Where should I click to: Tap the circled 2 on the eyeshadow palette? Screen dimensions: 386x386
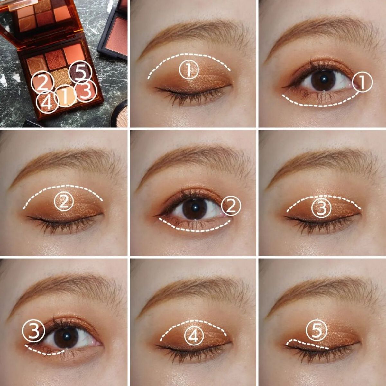click(42, 82)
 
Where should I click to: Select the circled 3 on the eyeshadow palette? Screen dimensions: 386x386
click(86, 91)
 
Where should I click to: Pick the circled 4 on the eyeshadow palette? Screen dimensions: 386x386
click(48, 102)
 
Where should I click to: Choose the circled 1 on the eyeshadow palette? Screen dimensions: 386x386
click(66, 96)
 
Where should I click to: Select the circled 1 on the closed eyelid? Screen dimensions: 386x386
click(189, 69)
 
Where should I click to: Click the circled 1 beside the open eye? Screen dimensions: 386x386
click(362, 82)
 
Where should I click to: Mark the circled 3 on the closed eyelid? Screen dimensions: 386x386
click(322, 208)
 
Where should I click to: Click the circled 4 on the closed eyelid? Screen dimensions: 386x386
click(194, 336)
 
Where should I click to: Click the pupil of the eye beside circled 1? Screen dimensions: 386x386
click(323, 79)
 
